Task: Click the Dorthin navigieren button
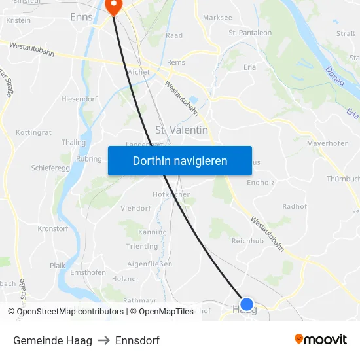[x=180, y=160]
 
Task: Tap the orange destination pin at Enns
[x=113, y=7]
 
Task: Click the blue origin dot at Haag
[x=247, y=304]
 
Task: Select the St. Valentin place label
[x=182, y=130]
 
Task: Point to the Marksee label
[x=217, y=18]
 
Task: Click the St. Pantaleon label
[x=250, y=33]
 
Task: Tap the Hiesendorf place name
[x=79, y=99]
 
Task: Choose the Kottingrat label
[x=33, y=132]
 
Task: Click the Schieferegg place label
[x=50, y=168]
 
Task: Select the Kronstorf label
[x=53, y=229]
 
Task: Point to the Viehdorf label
[x=135, y=208]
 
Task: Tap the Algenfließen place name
[x=149, y=264]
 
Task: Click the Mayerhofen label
[x=327, y=142]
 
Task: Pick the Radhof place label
[x=295, y=206]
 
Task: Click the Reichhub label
[x=247, y=241]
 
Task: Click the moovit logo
[x=320, y=339]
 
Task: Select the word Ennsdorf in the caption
[x=137, y=340]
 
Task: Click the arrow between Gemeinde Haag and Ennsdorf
[x=103, y=340]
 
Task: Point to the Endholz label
[x=260, y=183]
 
